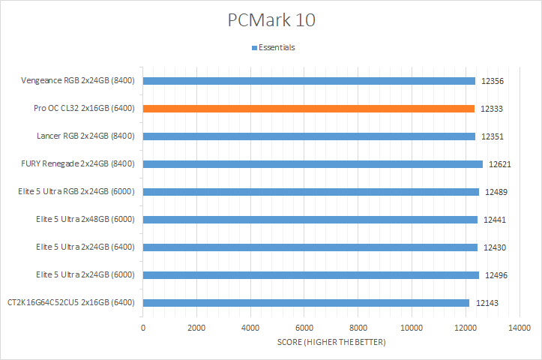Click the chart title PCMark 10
pos(271,20)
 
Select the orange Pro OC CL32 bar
pos(308,109)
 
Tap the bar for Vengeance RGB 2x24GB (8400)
pos(309,81)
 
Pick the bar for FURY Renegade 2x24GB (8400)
pos(313,164)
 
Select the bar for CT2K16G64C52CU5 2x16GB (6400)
pos(306,303)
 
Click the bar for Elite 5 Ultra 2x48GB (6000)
pos(310,220)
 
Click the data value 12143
pos(486,303)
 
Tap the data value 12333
pos(491,109)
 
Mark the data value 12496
pos(496,275)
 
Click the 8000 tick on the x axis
pos(358,328)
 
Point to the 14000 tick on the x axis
pos(519,328)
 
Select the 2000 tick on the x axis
pos(196,328)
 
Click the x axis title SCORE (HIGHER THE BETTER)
pos(331,343)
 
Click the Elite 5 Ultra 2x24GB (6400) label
pos(85,247)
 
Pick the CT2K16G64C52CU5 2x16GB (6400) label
pos(71,303)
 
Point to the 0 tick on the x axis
pos(143,328)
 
